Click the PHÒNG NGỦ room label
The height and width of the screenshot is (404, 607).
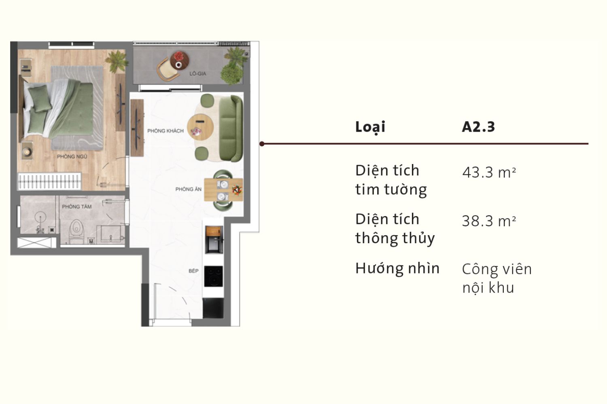tap(72, 156)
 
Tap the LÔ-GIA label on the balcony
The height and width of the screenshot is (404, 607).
tap(198, 74)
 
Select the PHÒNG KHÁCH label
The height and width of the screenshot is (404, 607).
tap(166, 131)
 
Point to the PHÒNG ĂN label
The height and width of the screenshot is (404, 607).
tap(188, 189)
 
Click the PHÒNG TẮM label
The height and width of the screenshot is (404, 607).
tap(76, 206)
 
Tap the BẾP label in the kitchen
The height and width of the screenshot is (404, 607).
tap(193, 271)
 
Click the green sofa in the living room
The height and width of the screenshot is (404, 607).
tap(230, 128)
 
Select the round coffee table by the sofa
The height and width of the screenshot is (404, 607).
tap(200, 126)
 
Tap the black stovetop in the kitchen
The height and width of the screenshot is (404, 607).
tap(213, 276)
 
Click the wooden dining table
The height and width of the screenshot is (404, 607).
tap(223, 189)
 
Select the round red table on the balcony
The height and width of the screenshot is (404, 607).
tap(179, 60)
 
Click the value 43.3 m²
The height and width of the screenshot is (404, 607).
tap(489, 173)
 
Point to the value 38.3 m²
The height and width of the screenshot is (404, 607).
tap(489, 221)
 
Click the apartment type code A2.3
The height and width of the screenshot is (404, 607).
tap(478, 127)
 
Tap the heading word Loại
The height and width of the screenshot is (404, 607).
tap(370, 127)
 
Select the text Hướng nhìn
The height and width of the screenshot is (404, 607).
tap(397, 268)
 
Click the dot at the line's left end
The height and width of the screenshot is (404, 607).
tap(262, 143)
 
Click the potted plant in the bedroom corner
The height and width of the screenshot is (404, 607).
tap(117, 61)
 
